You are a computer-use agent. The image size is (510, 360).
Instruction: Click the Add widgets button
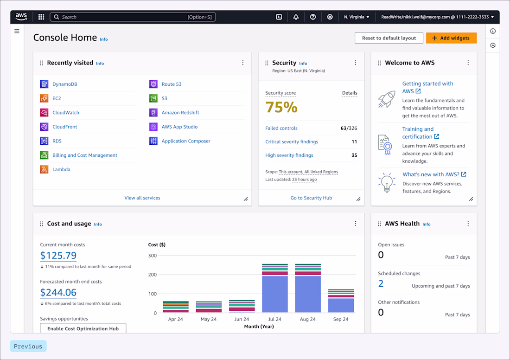451,38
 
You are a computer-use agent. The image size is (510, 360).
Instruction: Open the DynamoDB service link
65,84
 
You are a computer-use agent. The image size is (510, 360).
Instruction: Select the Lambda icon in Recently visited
44,169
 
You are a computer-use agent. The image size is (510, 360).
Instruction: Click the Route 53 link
172,84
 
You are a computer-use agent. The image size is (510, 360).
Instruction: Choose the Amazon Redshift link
180,113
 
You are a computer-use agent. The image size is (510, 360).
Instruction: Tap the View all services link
142,198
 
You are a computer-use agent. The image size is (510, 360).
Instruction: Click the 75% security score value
281,107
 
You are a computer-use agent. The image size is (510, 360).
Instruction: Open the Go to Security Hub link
311,198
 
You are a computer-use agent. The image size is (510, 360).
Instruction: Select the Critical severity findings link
292,141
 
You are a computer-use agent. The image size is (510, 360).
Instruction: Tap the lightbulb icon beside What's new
387,183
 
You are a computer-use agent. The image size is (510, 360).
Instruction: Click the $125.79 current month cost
58,256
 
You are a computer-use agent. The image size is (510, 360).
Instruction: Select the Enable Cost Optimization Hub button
83,328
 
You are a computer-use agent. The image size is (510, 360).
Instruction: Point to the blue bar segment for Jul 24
275,294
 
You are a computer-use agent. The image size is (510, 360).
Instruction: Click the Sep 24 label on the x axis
341,319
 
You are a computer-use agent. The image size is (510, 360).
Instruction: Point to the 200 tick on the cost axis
153,275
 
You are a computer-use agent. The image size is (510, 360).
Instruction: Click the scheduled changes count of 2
381,283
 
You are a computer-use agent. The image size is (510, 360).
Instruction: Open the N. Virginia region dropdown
357,17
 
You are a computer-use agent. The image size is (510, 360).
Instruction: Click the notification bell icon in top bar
296,17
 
